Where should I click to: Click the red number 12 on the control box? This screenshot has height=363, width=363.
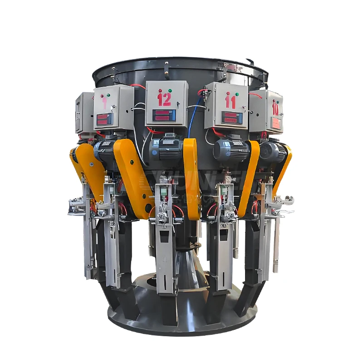[164, 99]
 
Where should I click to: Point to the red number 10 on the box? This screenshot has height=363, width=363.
[275, 108]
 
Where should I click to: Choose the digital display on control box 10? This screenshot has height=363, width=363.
[275, 123]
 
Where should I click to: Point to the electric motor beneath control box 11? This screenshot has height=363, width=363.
[231, 150]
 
